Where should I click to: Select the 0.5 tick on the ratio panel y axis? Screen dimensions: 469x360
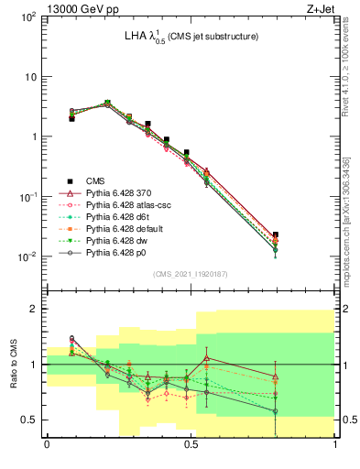[30, 420]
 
